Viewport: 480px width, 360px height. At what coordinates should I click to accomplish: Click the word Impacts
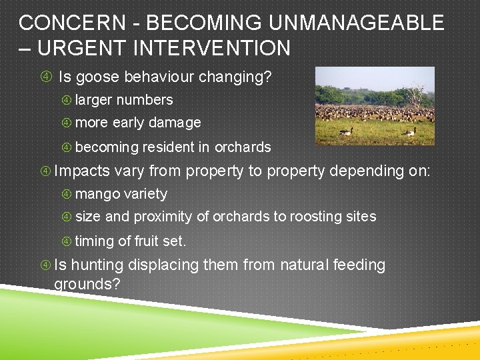coord(82,171)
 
